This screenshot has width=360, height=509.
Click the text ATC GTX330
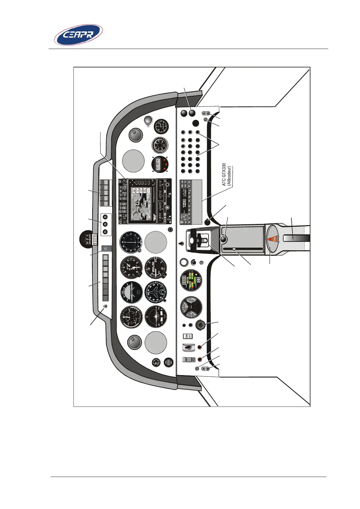tap(224, 174)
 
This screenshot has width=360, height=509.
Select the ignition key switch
tap(200, 326)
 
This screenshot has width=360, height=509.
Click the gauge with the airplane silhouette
tap(156, 292)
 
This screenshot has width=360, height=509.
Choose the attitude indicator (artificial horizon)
tap(131, 292)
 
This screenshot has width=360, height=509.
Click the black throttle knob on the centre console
tap(224, 240)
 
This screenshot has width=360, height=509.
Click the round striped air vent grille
tap(168, 362)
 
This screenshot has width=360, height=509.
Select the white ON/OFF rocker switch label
tap(188, 336)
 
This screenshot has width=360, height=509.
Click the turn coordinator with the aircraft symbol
tap(156, 317)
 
